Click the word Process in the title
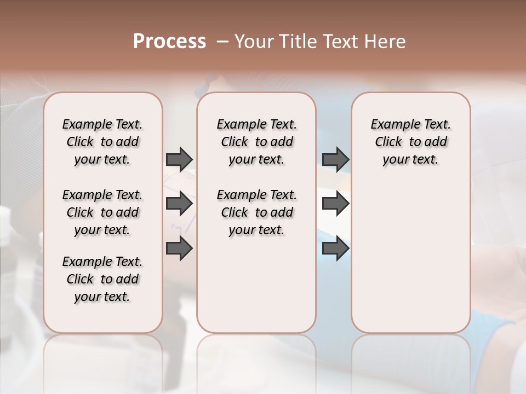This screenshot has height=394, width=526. tap(169, 42)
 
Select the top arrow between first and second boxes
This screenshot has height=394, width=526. tap(179, 159)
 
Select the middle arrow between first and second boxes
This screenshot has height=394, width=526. tap(179, 204)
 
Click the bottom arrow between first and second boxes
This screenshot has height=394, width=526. tap(179, 248)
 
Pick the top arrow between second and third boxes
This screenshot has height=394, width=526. tap(336, 159)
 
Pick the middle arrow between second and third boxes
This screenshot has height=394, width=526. tap(336, 204)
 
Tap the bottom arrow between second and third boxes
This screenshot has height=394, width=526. tap(336, 248)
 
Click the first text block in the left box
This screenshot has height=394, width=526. tap(102, 142)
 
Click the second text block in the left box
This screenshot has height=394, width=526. tap(102, 212)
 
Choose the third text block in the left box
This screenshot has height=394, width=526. tap(102, 279)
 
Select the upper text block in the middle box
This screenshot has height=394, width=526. tap(256, 142)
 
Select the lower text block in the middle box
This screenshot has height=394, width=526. tap(256, 212)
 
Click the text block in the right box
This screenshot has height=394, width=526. tap(410, 142)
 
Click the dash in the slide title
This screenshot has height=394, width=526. tap(222, 42)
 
